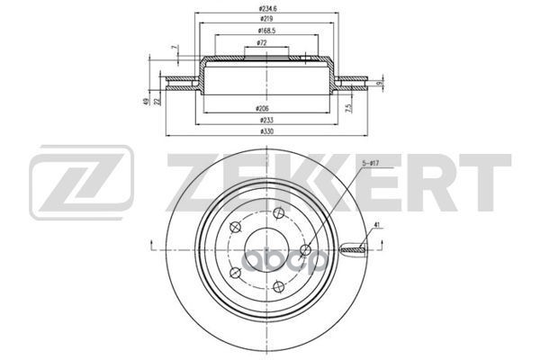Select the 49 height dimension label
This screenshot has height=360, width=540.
point(145,101)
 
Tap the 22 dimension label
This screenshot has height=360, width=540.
point(157,101)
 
